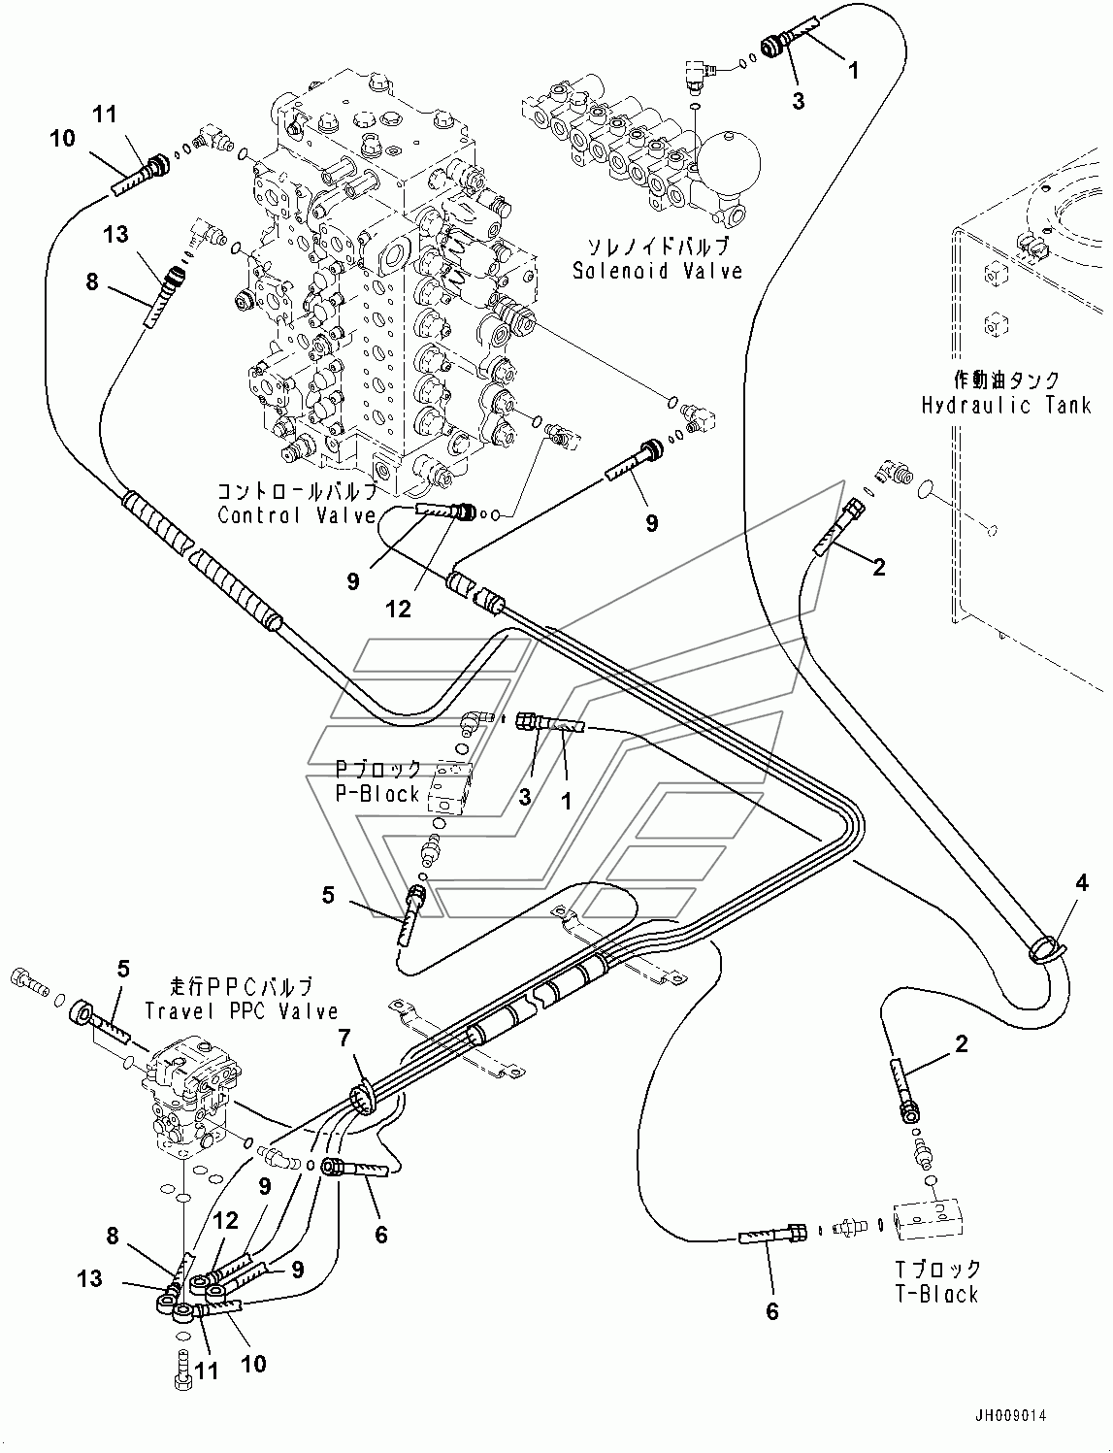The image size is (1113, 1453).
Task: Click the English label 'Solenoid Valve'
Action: pos(657,271)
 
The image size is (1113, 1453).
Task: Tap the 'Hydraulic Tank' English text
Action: pos(1006,406)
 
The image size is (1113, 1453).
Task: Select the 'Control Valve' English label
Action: pos(296,515)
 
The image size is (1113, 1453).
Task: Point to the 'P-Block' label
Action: pos(377,794)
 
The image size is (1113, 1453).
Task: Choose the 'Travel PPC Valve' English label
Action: pos(242,1010)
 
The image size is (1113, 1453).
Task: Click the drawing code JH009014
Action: pos(1015,1417)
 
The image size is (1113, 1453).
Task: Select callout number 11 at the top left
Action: pos(131,115)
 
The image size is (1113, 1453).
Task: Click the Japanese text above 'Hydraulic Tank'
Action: pos(1005,380)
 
